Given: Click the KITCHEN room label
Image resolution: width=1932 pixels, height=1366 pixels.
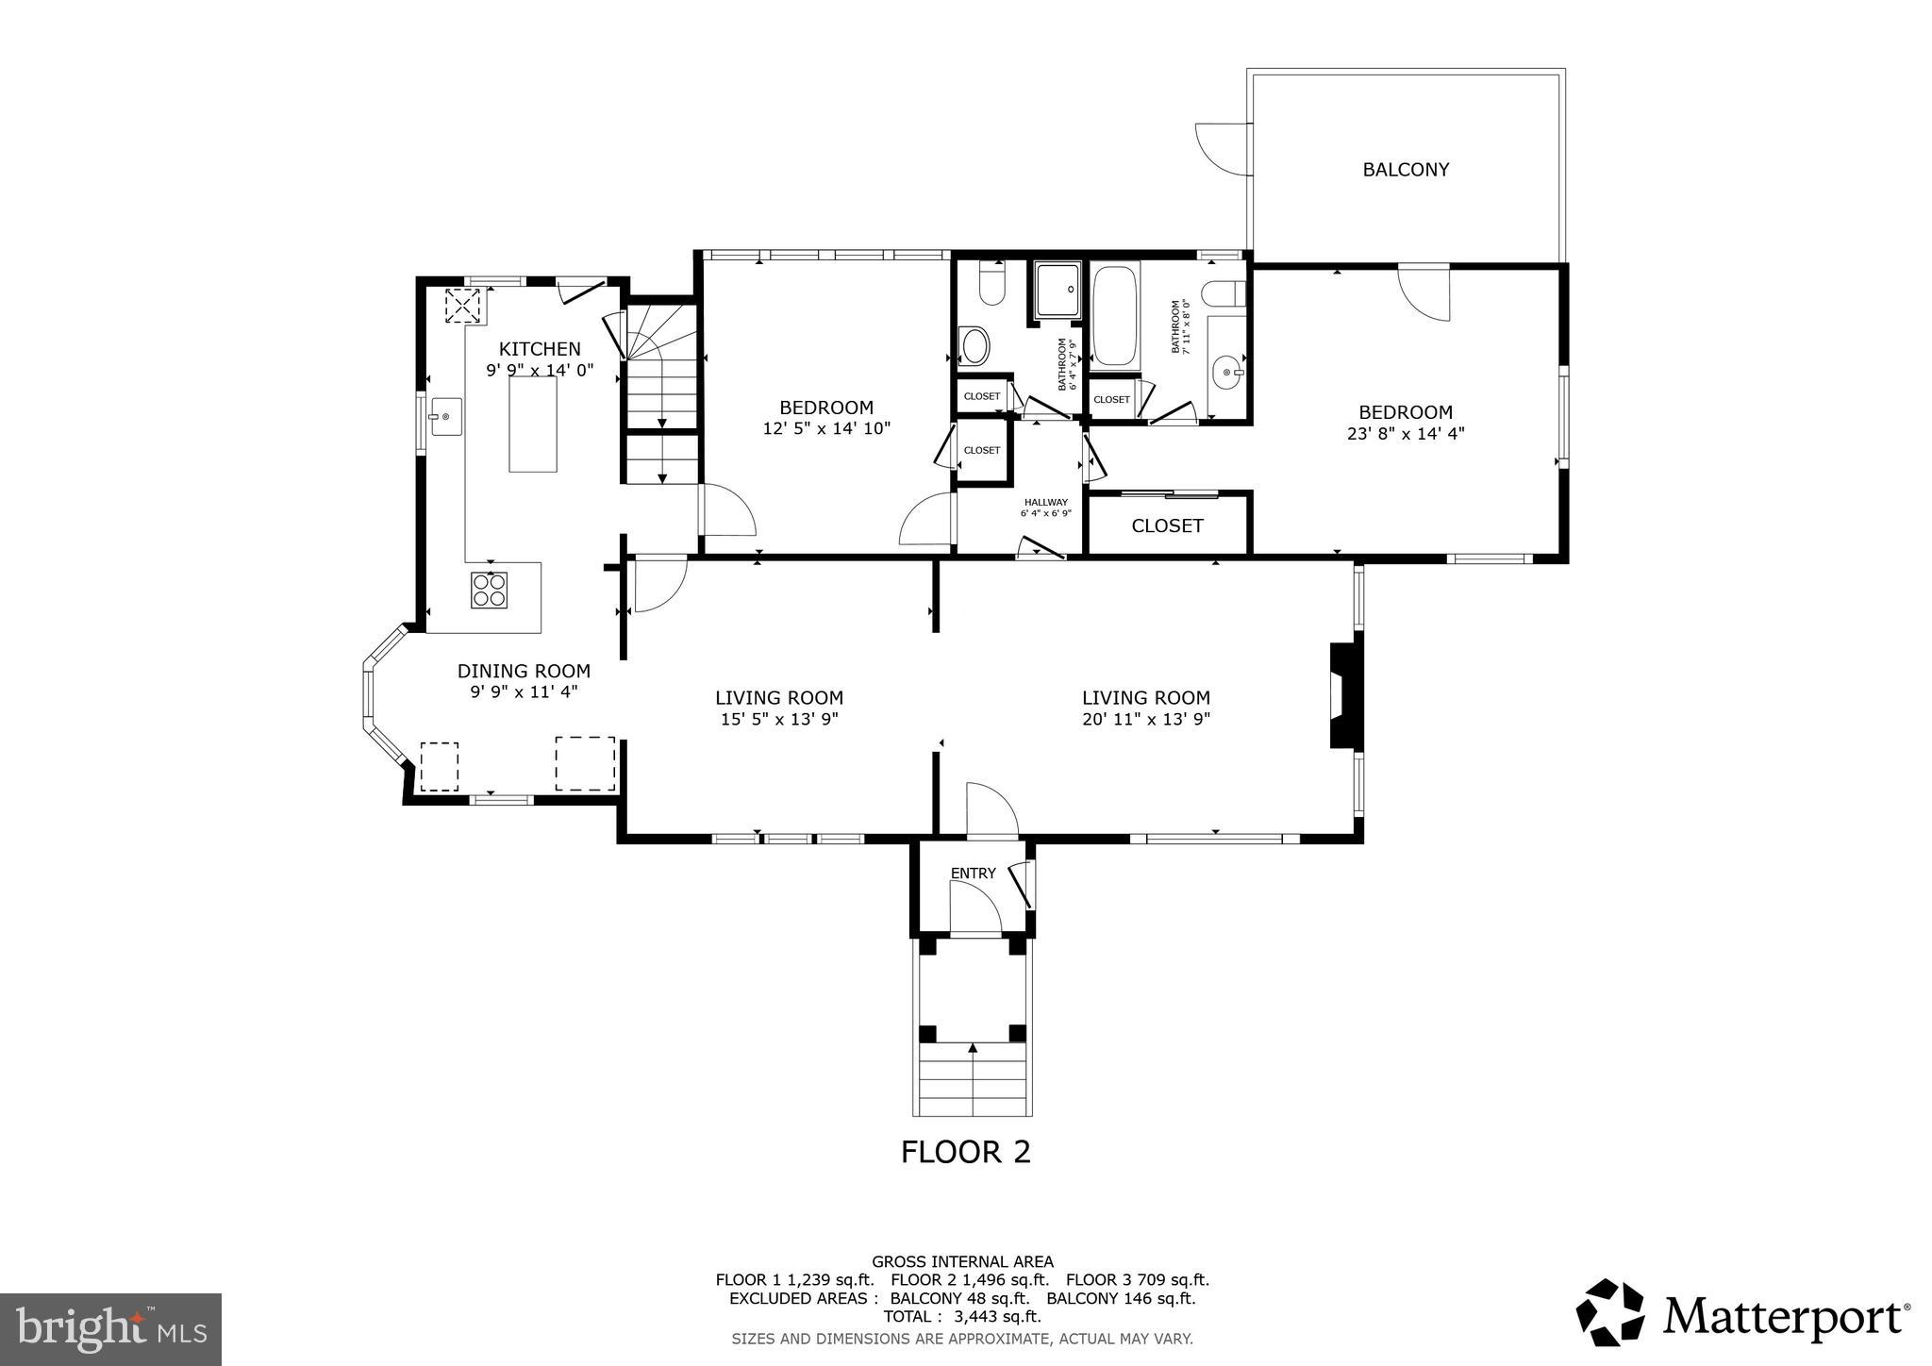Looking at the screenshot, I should click(x=540, y=349).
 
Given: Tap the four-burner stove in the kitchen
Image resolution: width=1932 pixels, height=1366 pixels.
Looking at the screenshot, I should click(x=489, y=591).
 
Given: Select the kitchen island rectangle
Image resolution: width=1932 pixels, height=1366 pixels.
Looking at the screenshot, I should click(x=533, y=424).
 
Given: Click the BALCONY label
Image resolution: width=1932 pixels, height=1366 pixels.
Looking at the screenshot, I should click(x=1406, y=170).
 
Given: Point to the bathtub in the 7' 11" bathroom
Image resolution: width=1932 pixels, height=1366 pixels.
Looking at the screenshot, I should click(x=1115, y=316).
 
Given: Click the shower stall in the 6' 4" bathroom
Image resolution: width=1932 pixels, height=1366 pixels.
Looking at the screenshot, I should click(x=1057, y=290).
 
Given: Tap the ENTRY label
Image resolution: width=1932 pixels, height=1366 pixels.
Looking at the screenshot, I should click(x=973, y=874).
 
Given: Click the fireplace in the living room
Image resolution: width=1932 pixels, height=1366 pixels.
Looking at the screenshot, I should click(x=1345, y=696).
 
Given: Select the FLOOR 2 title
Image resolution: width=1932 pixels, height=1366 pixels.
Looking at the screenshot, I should click(x=965, y=1152).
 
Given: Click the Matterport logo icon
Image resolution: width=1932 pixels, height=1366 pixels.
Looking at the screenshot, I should click(x=1610, y=1312).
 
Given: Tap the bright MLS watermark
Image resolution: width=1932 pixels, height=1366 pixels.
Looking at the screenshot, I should click(x=110, y=1330).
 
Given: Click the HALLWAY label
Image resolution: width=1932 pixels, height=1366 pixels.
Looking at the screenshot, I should click(x=1046, y=503).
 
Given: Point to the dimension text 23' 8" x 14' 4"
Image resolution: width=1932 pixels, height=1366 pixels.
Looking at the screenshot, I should click(x=1406, y=434).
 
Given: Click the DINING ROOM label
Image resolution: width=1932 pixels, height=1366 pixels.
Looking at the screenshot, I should click(x=524, y=671).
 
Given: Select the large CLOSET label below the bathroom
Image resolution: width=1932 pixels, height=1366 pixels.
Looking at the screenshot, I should click(x=1167, y=525).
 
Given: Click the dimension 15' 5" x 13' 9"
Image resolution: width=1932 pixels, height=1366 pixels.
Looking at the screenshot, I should click(x=778, y=719).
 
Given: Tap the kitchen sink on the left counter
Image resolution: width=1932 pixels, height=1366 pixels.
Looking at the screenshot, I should click(x=445, y=416).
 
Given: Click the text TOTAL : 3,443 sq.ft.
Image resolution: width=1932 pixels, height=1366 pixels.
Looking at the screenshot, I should click(x=962, y=1317).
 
